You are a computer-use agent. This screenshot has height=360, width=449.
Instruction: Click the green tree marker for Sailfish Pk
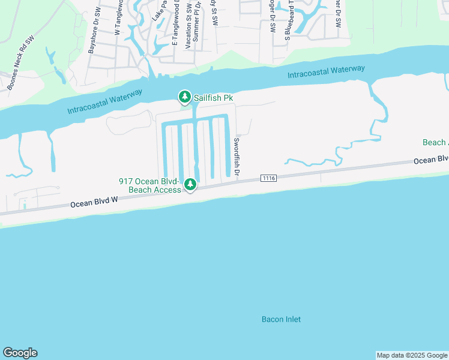[185, 97]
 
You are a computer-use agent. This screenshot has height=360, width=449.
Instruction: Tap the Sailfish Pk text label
[212, 97]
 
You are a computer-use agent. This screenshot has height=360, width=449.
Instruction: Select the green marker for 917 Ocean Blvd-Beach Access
[190, 184]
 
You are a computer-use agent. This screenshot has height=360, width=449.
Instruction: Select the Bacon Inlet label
[281, 319]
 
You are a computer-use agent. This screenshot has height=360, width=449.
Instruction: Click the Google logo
[20, 353]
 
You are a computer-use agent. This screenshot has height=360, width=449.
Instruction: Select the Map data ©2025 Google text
[412, 355]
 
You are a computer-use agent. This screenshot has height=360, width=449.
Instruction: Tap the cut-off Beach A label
[435, 142]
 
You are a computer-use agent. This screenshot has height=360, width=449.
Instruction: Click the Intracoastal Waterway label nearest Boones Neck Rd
[104, 102]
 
